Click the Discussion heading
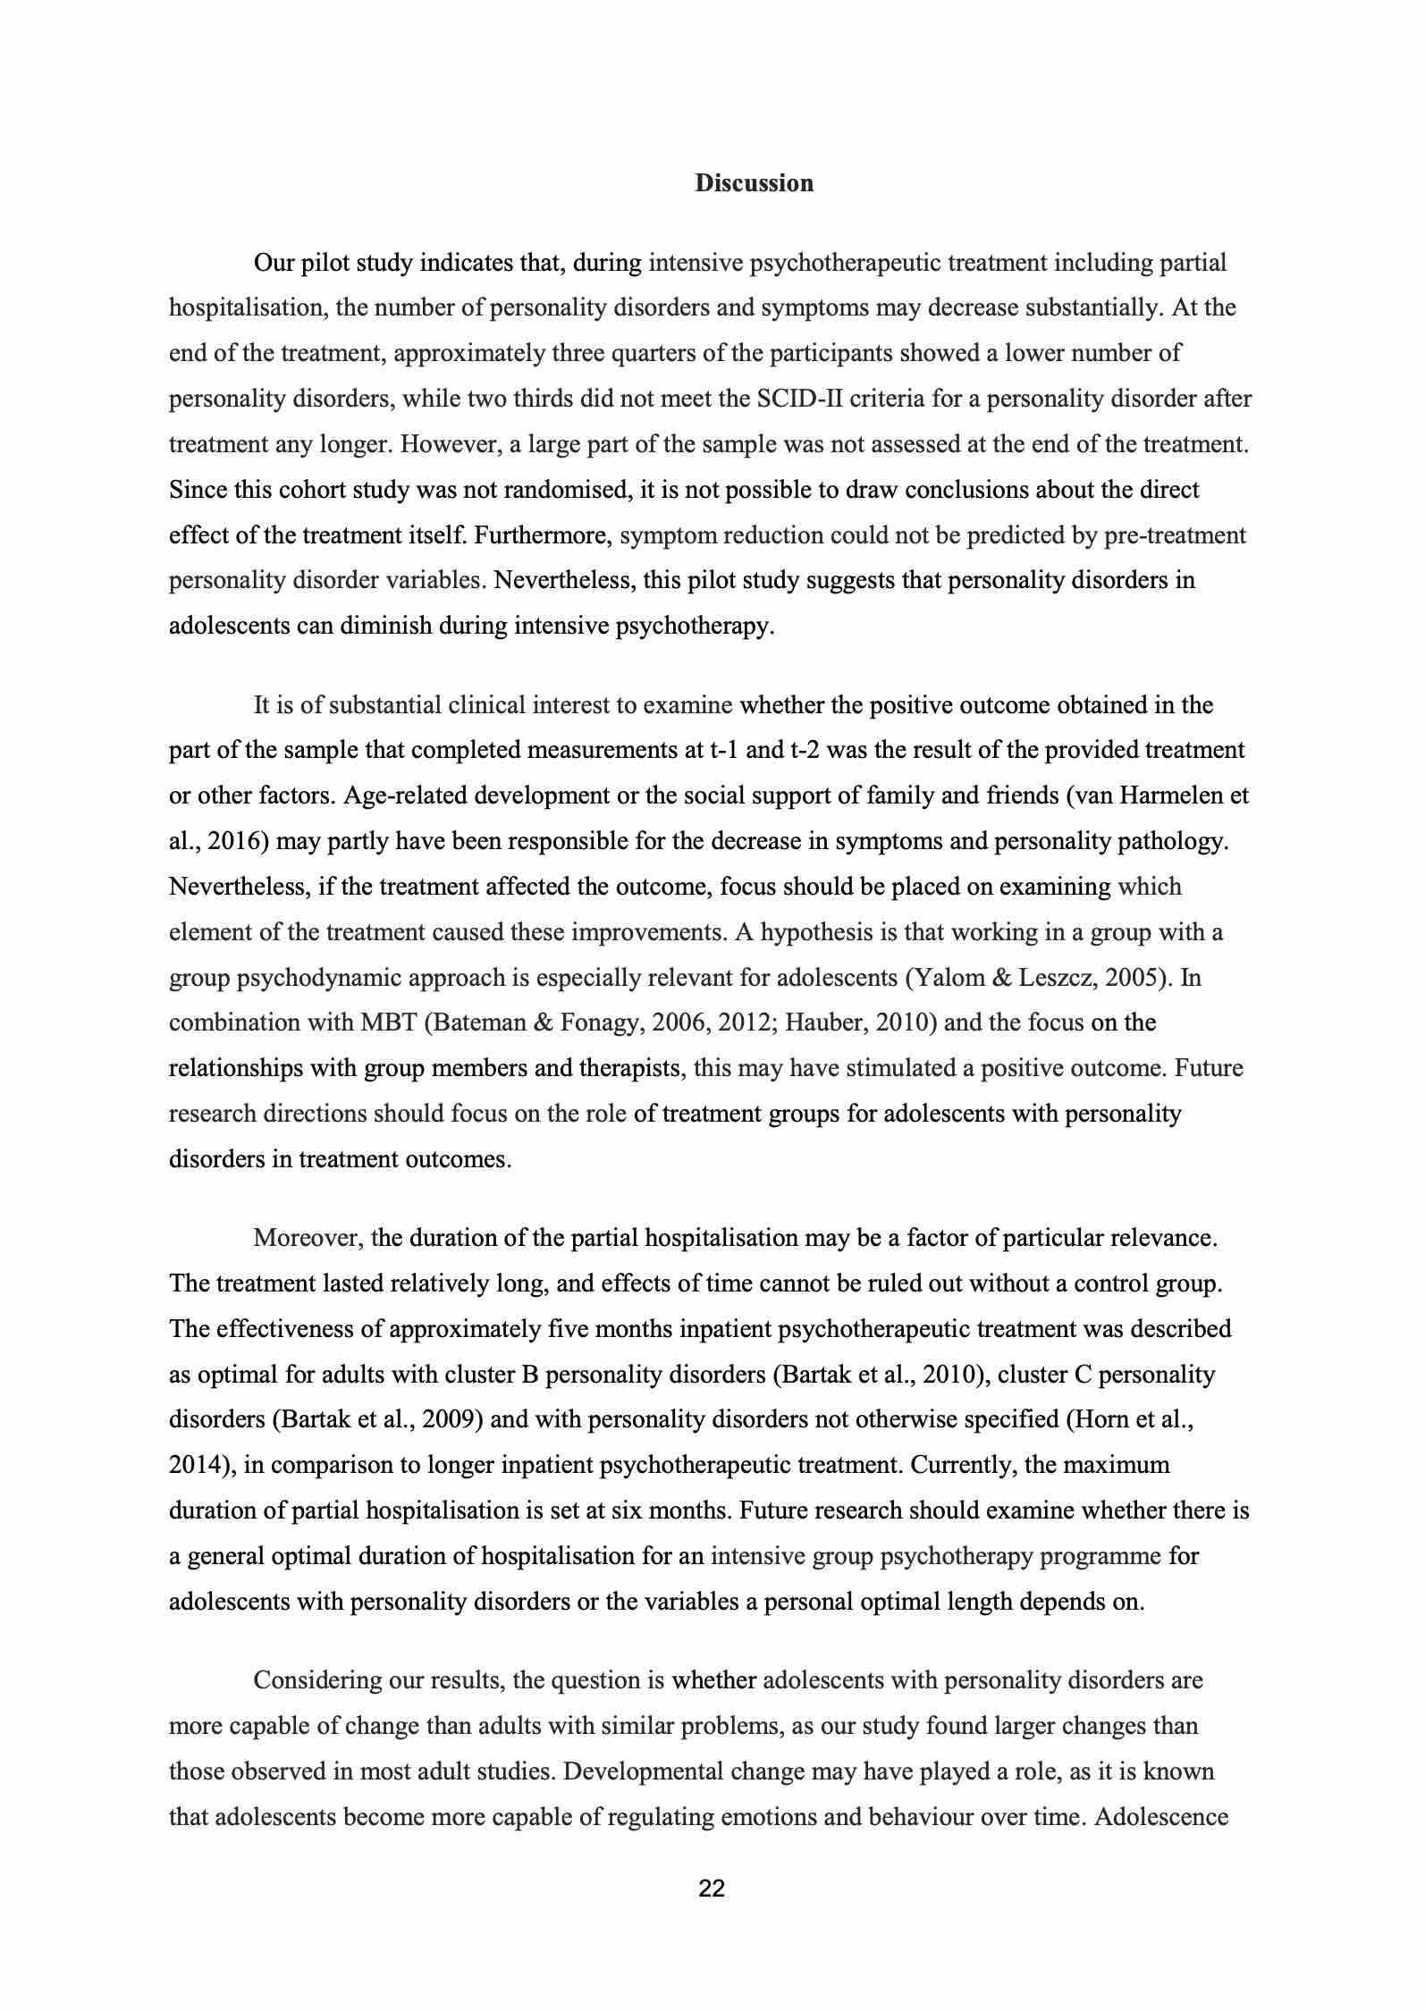[755, 183]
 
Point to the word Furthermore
[543, 535]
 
